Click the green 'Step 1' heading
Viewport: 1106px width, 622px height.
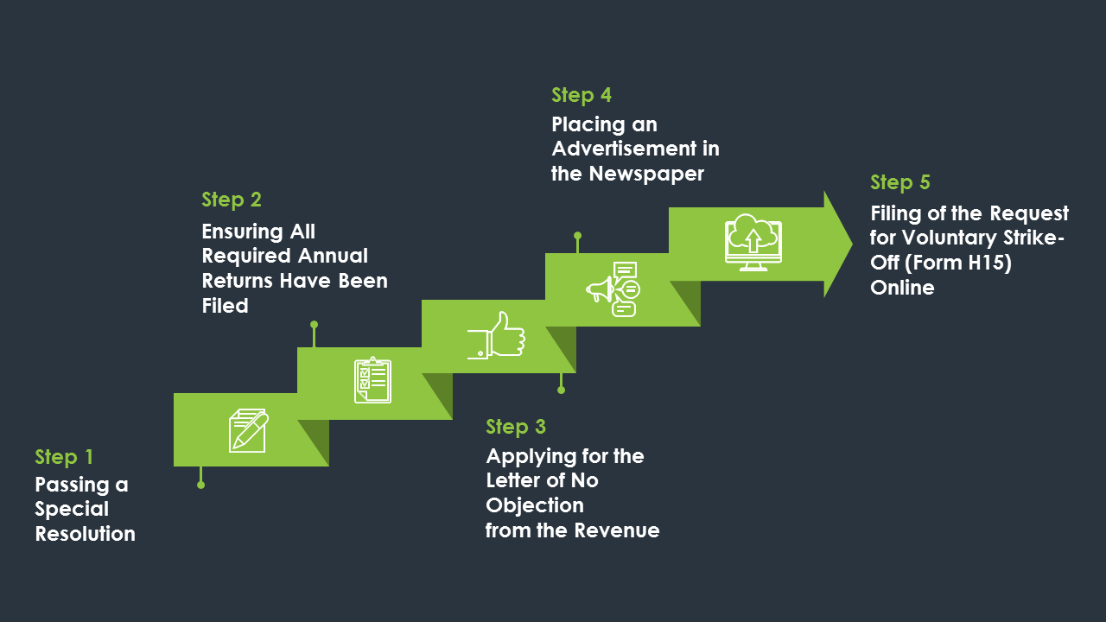pyautogui.click(x=64, y=457)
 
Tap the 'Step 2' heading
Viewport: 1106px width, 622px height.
pyautogui.click(x=231, y=200)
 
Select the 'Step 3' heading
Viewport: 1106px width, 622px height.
pyautogui.click(x=516, y=427)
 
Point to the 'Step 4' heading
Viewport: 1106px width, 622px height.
pyautogui.click(x=582, y=95)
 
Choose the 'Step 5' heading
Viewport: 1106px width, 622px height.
pyautogui.click(x=900, y=182)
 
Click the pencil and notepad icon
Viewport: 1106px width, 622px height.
pyautogui.click(x=248, y=430)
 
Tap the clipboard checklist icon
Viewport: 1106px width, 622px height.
pyautogui.click(x=372, y=380)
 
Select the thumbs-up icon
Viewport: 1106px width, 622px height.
pyautogui.click(x=496, y=335)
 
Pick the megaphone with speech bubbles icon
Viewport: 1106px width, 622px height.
pyautogui.click(x=613, y=289)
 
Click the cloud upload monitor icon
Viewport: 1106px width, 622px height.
pyautogui.click(x=753, y=243)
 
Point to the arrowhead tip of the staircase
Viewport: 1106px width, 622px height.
pyautogui.click(x=852, y=244)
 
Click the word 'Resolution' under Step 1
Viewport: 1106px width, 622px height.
pyautogui.click(x=85, y=534)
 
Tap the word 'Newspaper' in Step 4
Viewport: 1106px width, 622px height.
pyautogui.click(x=646, y=175)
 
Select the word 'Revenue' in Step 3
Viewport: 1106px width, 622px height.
pyautogui.click(x=617, y=530)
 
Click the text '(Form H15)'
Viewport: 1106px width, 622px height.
pyautogui.click(x=958, y=263)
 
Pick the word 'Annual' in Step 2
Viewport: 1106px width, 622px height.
pyautogui.click(x=333, y=256)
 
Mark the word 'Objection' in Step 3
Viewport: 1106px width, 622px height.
pyautogui.click(x=535, y=506)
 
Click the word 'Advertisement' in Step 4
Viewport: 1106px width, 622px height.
pyautogui.click(x=624, y=149)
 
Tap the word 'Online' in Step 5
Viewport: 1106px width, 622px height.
pyautogui.click(x=902, y=288)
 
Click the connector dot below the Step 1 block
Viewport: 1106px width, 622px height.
pyautogui.click(x=201, y=486)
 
